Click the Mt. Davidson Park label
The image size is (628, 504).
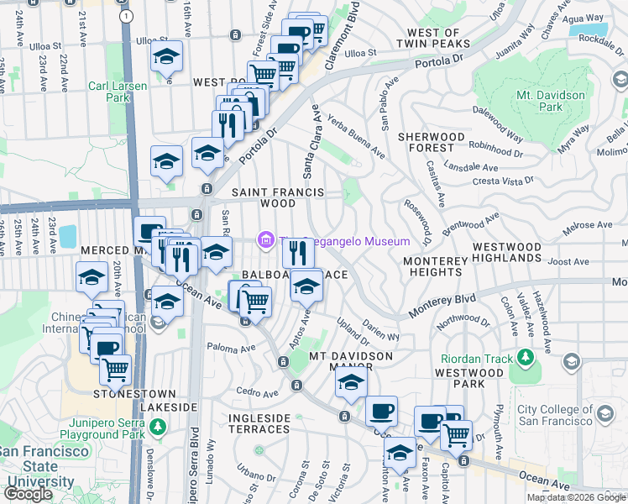[x=551, y=101]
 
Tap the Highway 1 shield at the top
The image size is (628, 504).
[x=126, y=16]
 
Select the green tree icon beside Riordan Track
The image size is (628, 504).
[x=526, y=359]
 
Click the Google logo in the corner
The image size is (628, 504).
[x=28, y=493]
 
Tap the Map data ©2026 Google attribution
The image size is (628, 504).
[x=576, y=497]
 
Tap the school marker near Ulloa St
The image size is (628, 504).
[x=167, y=57]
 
